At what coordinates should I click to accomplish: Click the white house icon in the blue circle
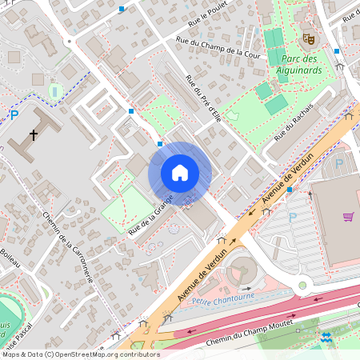pyautogui.click(x=179, y=173)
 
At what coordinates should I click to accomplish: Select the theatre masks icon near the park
pyautogui.click(x=307, y=38)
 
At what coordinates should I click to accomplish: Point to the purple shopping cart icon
pyautogui.click(x=348, y=216)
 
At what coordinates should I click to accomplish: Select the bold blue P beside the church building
pyautogui.click(x=14, y=114)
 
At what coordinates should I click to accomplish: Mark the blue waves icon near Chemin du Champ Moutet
pyautogui.click(x=326, y=338)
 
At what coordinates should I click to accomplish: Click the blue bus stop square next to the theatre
pyautogui.click(x=337, y=50)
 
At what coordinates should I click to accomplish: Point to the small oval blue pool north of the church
pyautogui.click(x=54, y=92)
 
